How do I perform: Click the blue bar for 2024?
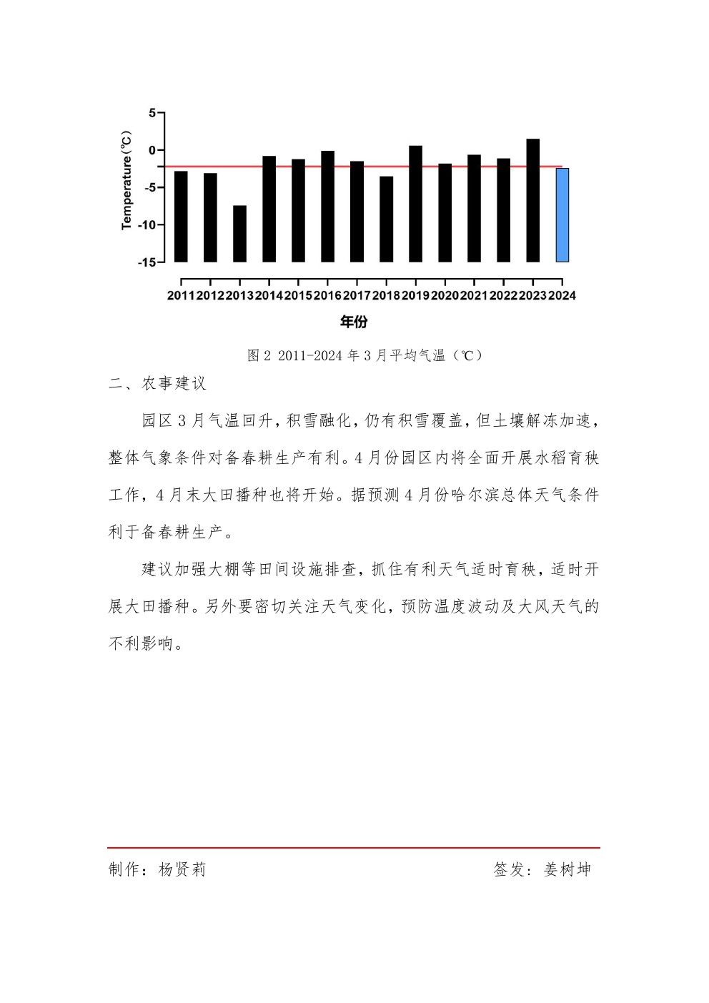click(562, 215)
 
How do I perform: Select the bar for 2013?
click(239, 234)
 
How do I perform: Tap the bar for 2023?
click(533, 200)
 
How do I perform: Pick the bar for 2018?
click(386, 219)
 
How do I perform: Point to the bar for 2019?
click(415, 204)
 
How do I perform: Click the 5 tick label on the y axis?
click(152, 113)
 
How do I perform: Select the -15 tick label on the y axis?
click(147, 262)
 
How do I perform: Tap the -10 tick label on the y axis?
click(147, 224)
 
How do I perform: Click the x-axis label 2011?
click(181, 296)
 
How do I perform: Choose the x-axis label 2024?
click(562, 296)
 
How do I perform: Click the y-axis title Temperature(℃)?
click(127, 180)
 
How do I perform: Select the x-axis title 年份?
click(354, 322)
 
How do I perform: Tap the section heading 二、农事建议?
click(157, 384)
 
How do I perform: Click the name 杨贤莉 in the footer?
click(182, 869)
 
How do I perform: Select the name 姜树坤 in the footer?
click(567, 869)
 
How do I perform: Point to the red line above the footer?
click(354, 847)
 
